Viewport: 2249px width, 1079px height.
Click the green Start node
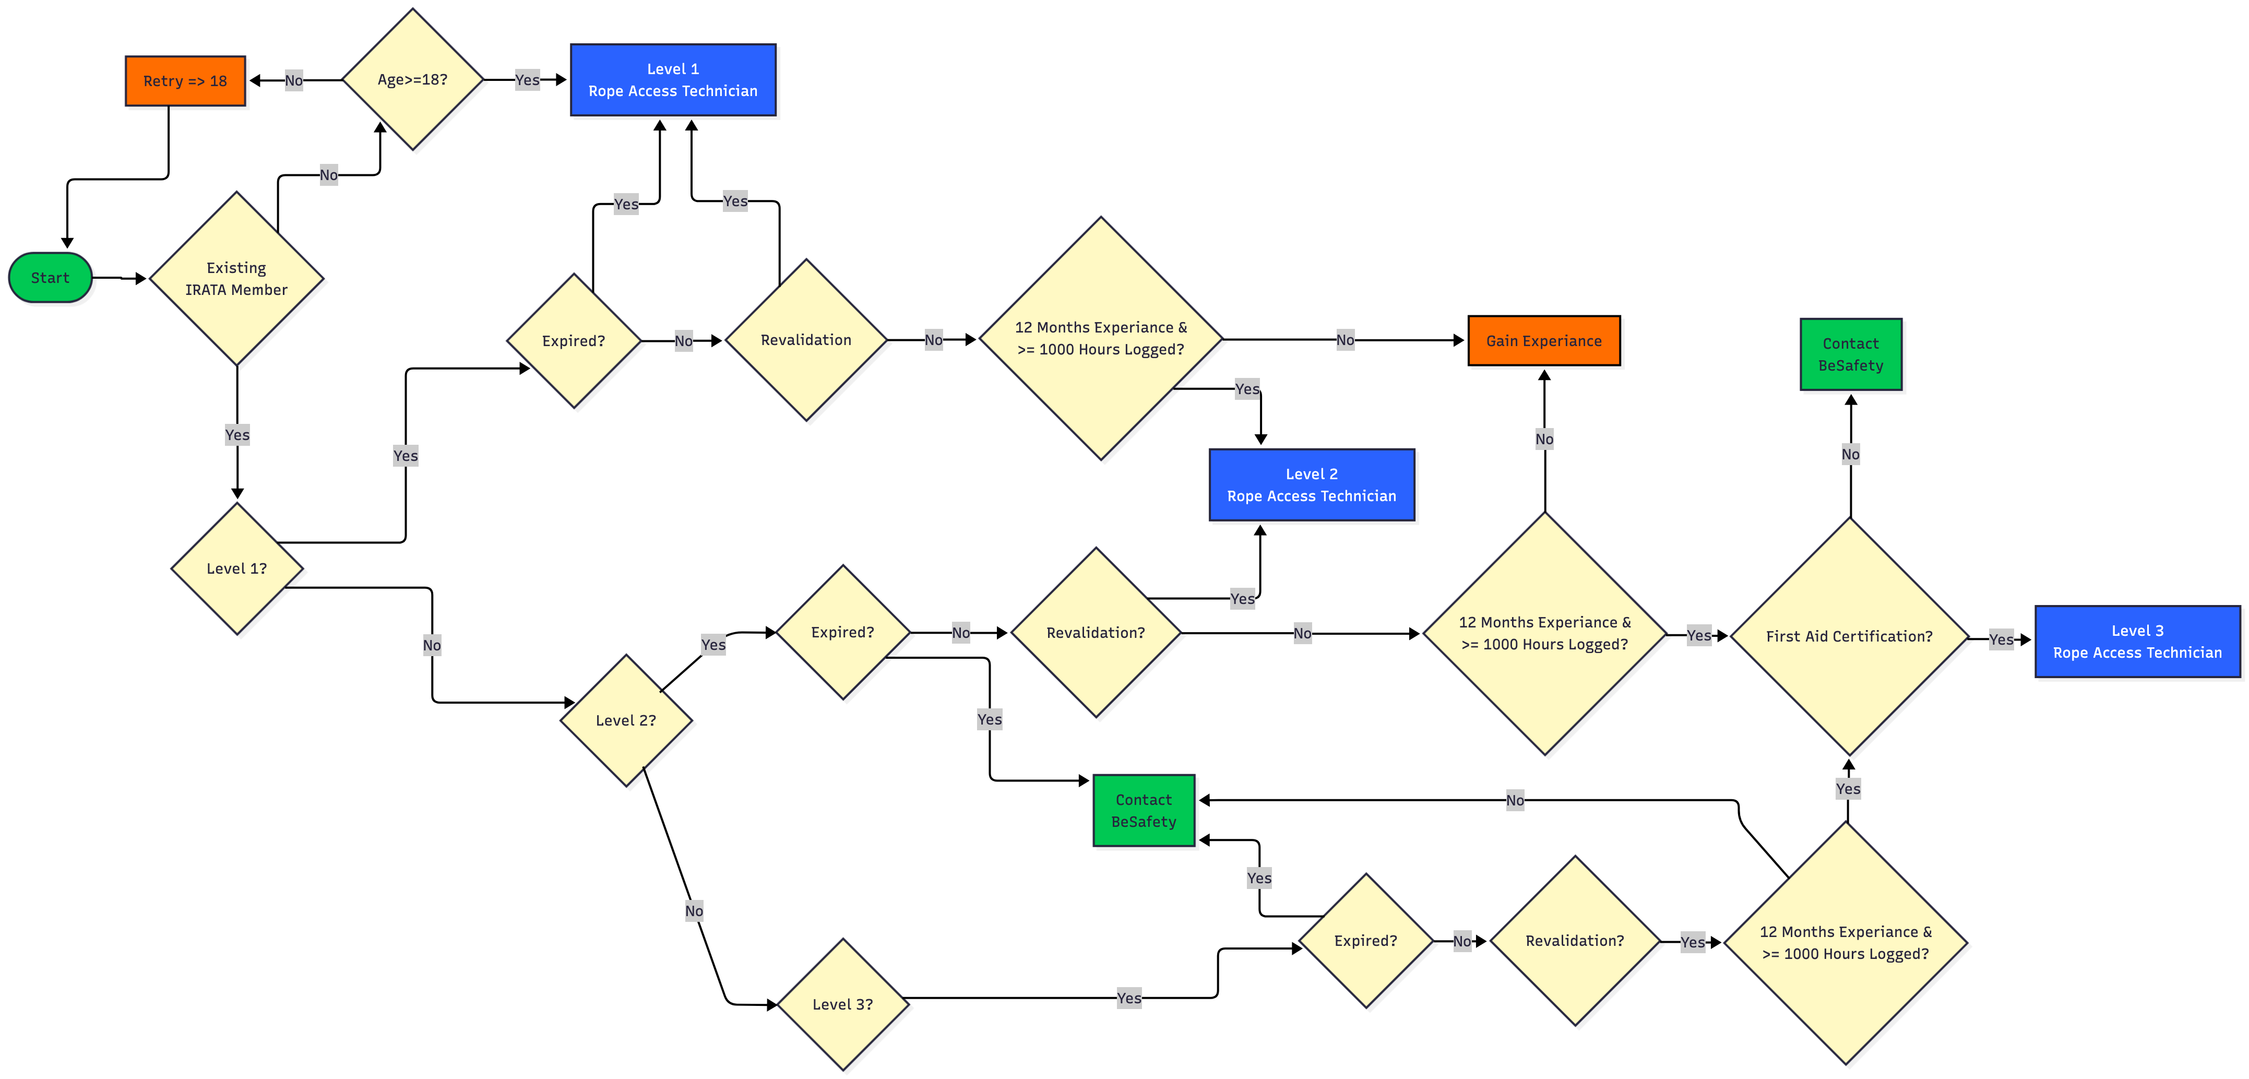coord(50,278)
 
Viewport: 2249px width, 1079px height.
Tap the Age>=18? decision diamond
coord(412,79)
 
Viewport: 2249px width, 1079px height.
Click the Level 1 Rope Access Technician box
coord(672,79)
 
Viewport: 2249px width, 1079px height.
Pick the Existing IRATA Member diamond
coord(236,278)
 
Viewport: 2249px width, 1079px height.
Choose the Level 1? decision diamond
coord(236,568)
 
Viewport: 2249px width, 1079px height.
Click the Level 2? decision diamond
coord(625,720)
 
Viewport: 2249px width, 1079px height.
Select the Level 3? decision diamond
coord(842,1004)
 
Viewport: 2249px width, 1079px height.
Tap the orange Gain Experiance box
coord(1543,340)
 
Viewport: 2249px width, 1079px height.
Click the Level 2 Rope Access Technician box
coord(1311,484)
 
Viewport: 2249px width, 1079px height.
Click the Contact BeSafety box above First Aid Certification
coord(1850,354)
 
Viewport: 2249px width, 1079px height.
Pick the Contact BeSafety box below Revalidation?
coord(1143,810)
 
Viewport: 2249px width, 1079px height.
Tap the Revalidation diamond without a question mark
coord(805,340)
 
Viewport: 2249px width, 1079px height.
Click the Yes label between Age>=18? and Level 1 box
coord(527,79)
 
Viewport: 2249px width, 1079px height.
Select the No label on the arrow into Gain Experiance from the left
coord(1344,340)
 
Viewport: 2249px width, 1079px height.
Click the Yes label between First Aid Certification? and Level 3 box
coord(2000,639)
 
